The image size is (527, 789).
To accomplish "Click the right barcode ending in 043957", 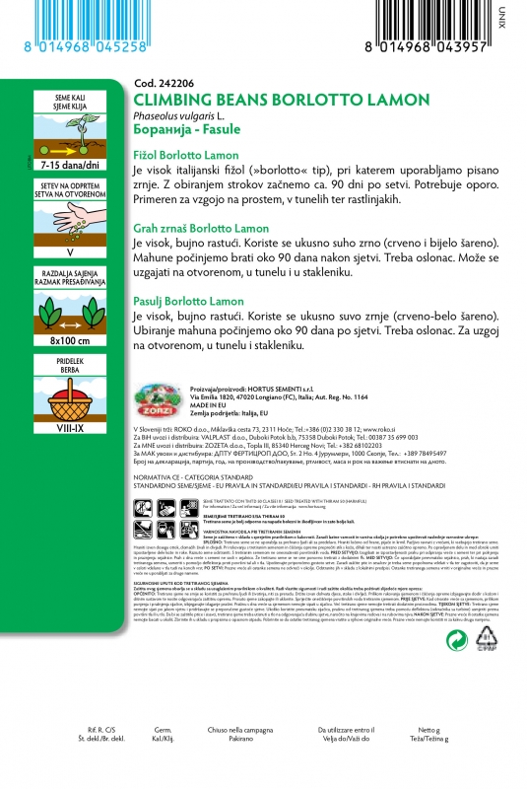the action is (x=437, y=29).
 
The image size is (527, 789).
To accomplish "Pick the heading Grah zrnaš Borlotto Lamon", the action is (x=200, y=229).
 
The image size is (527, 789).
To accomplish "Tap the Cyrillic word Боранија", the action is (x=162, y=130).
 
